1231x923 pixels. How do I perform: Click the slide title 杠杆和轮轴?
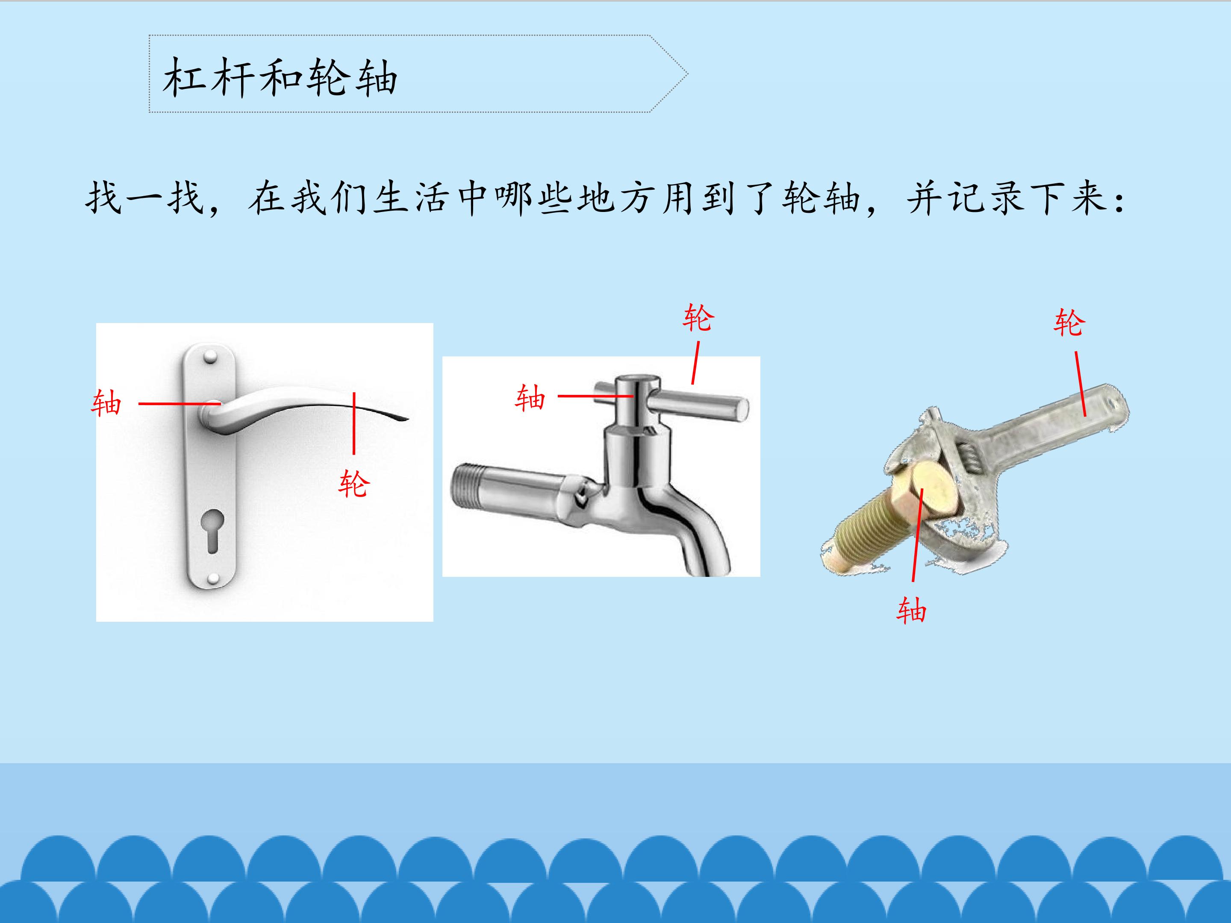point(280,77)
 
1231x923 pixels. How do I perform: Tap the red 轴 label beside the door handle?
point(106,403)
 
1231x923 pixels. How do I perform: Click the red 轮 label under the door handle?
point(354,483)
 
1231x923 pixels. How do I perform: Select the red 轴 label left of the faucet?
point(530,397)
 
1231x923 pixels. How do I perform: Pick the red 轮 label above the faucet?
point(698,317)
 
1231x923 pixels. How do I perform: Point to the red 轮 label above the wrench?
point(1069,323)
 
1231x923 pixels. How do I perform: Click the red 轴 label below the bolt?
point(911,610)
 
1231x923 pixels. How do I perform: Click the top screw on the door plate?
point(210,356)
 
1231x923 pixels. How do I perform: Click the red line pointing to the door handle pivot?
point(179,403)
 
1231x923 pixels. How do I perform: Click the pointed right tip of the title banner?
point(687,73)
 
